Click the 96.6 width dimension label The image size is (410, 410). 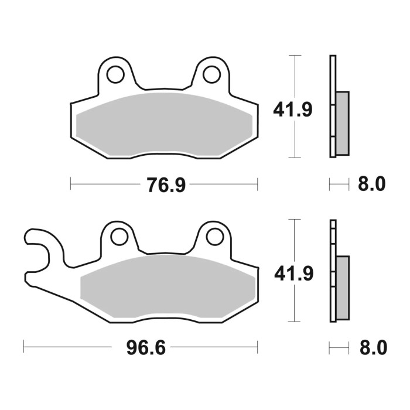(146, 348)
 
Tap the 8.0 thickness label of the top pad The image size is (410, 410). (371, 184)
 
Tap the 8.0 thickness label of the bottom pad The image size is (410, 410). (371, 348)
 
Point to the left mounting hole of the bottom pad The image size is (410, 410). (119, 237)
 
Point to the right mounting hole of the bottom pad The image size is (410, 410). (215, 237)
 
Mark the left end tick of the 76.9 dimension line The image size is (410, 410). (71, 184)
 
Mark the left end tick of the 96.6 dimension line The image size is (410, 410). (24, 348)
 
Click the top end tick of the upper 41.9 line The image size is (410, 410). (295, 56)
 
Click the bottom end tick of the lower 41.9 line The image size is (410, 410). (295, 321)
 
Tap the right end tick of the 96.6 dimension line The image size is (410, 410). (257, 348)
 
